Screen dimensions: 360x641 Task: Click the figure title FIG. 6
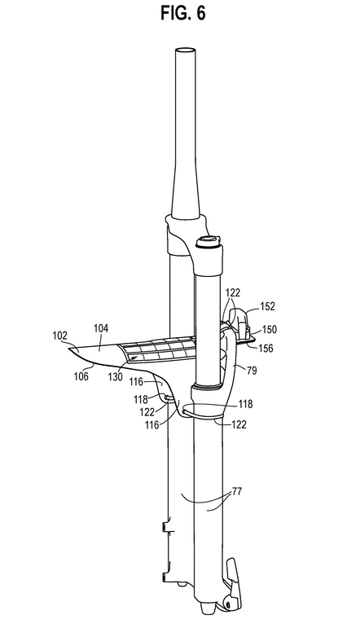(182, 13)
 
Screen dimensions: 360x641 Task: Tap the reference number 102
(60, 336)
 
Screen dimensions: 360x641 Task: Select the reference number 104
(100, 328)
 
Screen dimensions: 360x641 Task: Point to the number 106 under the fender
(81, 375)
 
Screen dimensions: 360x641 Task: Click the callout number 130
(115, 376)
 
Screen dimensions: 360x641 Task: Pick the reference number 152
(268, 305)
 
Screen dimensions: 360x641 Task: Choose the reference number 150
(269, 329)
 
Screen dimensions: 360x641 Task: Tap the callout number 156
(266, 349)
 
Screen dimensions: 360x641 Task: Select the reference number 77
(236, 491)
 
